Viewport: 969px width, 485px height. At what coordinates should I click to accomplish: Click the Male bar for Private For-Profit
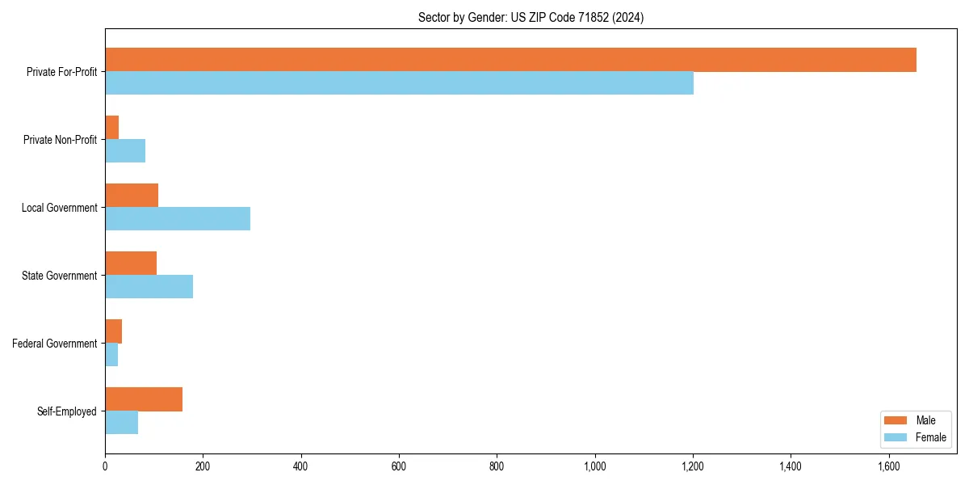[x=510, y=60]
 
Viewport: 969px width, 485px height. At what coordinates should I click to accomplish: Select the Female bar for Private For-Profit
[x=399, y=83]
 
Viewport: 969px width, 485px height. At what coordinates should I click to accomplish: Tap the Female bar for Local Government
[x=178, y=219]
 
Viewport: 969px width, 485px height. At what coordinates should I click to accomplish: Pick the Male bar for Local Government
[x=132, y=196]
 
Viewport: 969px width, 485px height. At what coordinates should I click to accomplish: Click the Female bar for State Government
[x=149, y=287]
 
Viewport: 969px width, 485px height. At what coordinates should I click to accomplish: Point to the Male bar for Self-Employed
[x=144, y=399]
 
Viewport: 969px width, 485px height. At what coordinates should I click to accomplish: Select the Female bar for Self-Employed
[x=121, y=423]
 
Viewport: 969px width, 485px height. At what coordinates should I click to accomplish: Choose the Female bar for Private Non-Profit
[x=125, y=151]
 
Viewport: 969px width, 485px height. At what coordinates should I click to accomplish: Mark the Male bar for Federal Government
[x=113, y=331]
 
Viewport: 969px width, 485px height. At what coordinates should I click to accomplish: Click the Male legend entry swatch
[x=896, y=420]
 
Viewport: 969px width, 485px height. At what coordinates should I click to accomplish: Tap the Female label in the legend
[x=931, y=437]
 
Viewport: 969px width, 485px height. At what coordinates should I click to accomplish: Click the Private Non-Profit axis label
[x=60, y=140]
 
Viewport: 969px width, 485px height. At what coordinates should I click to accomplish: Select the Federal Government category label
[x=55, y=344]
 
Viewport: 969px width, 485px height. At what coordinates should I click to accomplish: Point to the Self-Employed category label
[x=66, y=411]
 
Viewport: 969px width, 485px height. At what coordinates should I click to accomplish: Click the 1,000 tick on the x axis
[x=595, y=466]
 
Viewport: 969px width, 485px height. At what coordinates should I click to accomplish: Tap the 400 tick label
[x=301, y=466]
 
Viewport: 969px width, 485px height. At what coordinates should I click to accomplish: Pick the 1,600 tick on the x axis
[x=888, y=466]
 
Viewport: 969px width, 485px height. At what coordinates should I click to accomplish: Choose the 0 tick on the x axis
[x=105, y=466]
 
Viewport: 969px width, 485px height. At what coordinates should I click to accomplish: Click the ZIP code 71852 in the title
[x=594, y=17]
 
